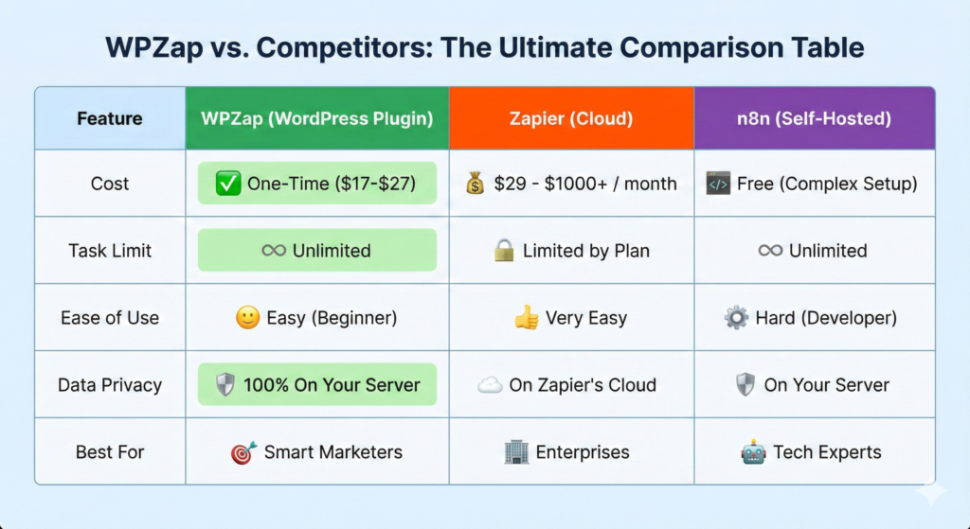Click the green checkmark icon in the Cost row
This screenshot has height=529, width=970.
pos(228,184)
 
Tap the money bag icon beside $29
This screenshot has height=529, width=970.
pos(476,184)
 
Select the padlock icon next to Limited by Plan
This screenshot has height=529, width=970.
pos(504,250)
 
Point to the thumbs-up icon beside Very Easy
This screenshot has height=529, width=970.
pos(527,318)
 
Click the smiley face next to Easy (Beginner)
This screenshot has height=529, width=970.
pos(247,318)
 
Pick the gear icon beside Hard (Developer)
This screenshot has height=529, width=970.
pos(736,318)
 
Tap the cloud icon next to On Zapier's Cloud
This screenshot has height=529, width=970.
pos(490,385)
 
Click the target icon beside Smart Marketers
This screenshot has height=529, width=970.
pos(243,452)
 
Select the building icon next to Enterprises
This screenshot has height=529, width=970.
pos(516,452)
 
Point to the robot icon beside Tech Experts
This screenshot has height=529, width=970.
pos(753,452)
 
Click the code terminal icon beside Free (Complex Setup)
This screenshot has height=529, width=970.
pos(718,184)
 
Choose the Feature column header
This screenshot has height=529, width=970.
pos(110,118)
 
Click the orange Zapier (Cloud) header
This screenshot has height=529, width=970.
pos(571,118)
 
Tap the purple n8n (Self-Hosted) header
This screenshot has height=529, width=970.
pos(814,118)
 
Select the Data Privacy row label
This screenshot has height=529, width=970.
pos(110,385)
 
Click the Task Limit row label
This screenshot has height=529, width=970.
pos(110,250)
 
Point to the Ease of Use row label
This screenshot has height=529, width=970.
pos(110,318)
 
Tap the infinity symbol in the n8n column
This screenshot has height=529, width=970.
pos(770,250)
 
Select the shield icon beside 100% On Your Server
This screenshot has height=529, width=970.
pos(225,385)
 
